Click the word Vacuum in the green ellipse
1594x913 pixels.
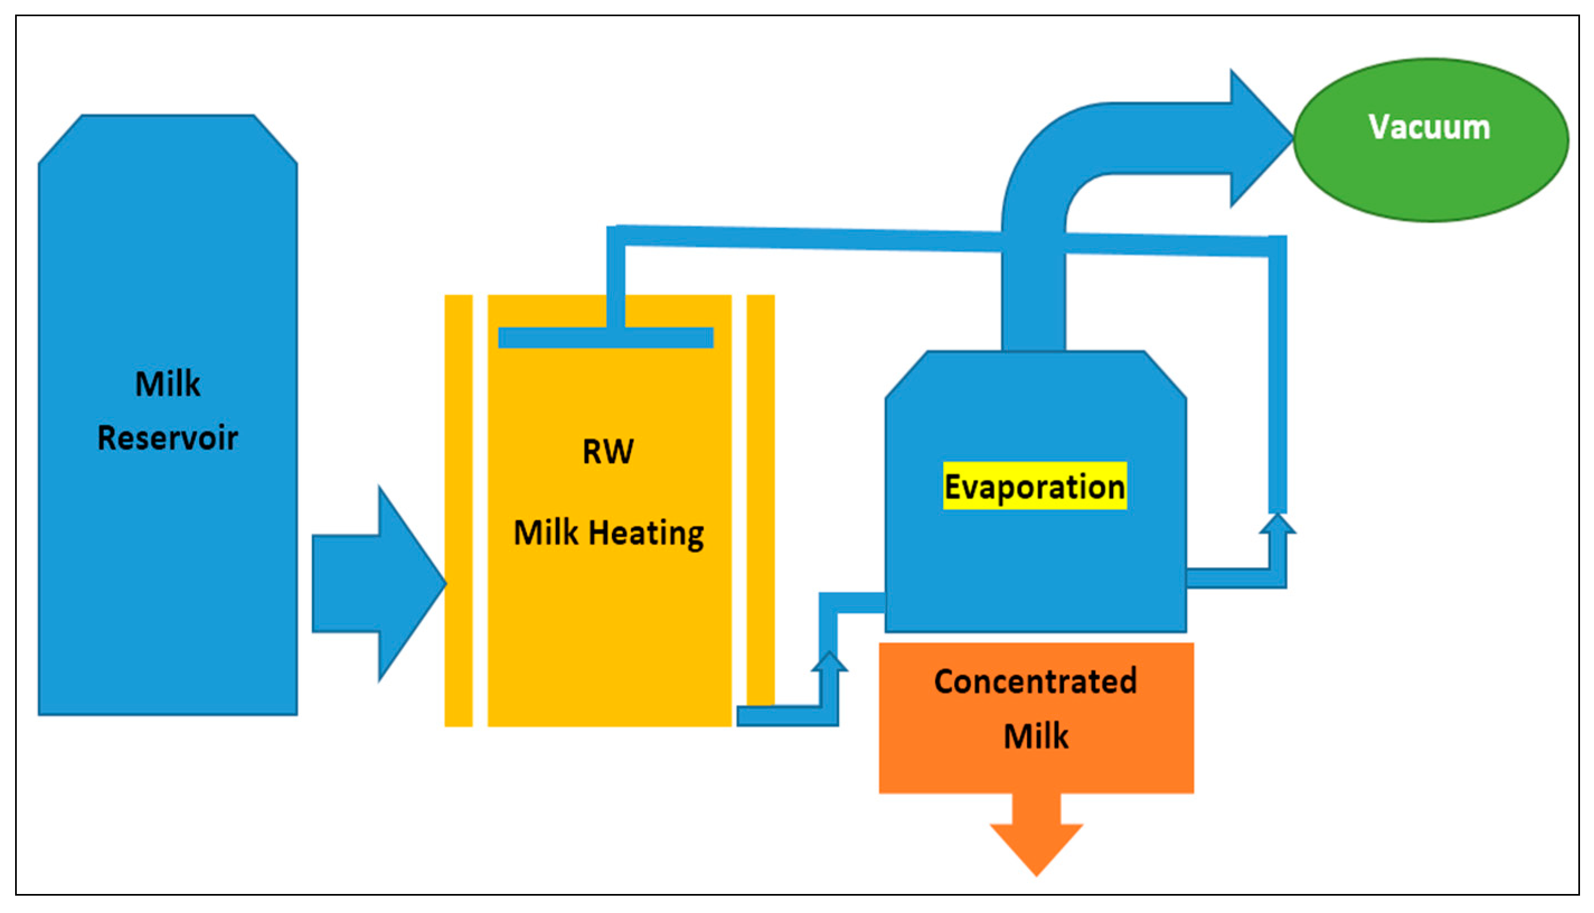point(1428,128)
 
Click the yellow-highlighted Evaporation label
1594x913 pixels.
point(1034,487)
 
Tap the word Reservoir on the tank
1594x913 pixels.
point(167,437)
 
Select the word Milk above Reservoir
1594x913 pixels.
point(167,383)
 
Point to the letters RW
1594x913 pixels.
point(607,451)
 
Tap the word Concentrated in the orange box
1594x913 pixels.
point(1035,681)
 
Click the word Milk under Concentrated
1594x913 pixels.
point(1035,736)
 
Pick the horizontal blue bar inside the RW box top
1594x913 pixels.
point(606,337)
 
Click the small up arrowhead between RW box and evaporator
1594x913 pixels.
point(829,663)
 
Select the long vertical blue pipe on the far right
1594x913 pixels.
point(1277,377)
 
